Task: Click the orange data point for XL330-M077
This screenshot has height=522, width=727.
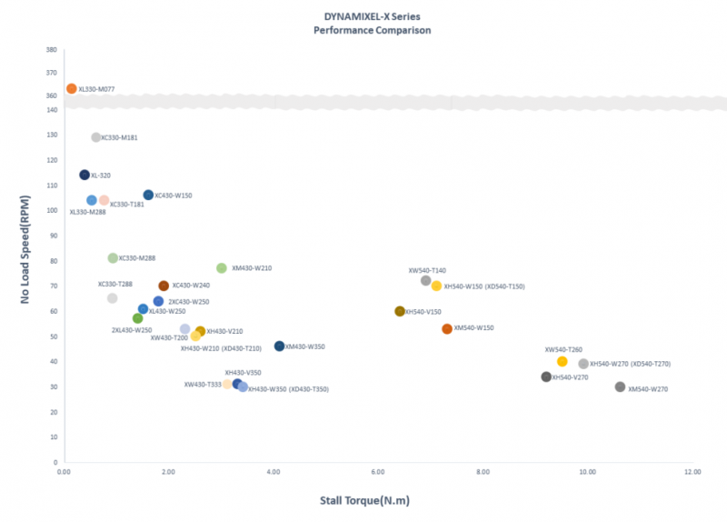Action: pos(72,89)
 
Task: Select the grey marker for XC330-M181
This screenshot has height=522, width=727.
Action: pos(96,137)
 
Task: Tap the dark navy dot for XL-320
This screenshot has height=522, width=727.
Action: pos(85,175)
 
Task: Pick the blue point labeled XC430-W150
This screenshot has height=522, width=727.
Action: pos(148,195)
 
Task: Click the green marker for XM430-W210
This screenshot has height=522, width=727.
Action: pos(222,268)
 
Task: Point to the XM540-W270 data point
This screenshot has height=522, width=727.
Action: pos(620,387)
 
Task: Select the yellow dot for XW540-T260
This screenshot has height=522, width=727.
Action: pos(563,362)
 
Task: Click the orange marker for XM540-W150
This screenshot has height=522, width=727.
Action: pos(447,329)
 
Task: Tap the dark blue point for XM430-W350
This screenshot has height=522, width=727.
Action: pos(279,346)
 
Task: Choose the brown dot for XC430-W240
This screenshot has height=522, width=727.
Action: pos(164,286)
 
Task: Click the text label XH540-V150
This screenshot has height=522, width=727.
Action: pos(423,312)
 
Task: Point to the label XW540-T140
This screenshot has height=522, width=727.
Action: pos(427,270)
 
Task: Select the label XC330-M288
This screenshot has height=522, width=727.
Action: pos(137,258)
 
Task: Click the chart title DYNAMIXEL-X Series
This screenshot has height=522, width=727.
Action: pos(372,17)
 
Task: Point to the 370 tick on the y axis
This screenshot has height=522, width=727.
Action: pos(51,73)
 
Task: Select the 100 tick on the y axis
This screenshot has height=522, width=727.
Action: pos(51,211)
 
